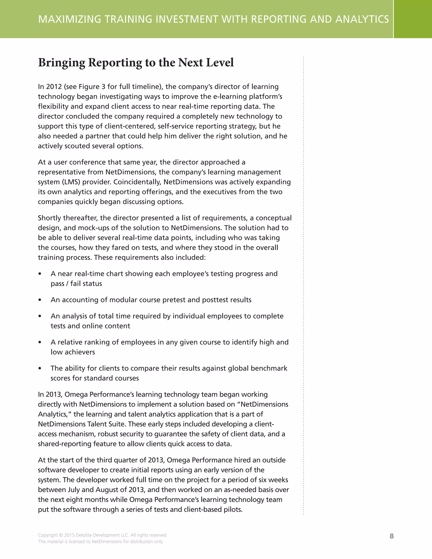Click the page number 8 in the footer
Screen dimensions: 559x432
pos(391,536)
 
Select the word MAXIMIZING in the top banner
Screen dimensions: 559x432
pos(70,19)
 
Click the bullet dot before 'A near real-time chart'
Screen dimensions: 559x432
pos(40,274)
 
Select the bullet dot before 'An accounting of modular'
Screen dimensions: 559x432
pos(40,300)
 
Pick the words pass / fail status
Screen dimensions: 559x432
pos(76,284)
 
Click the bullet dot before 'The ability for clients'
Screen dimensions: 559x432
pos(40,369)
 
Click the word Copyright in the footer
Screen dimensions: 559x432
pos(48,535)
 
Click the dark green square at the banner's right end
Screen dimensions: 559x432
pos(413,19)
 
